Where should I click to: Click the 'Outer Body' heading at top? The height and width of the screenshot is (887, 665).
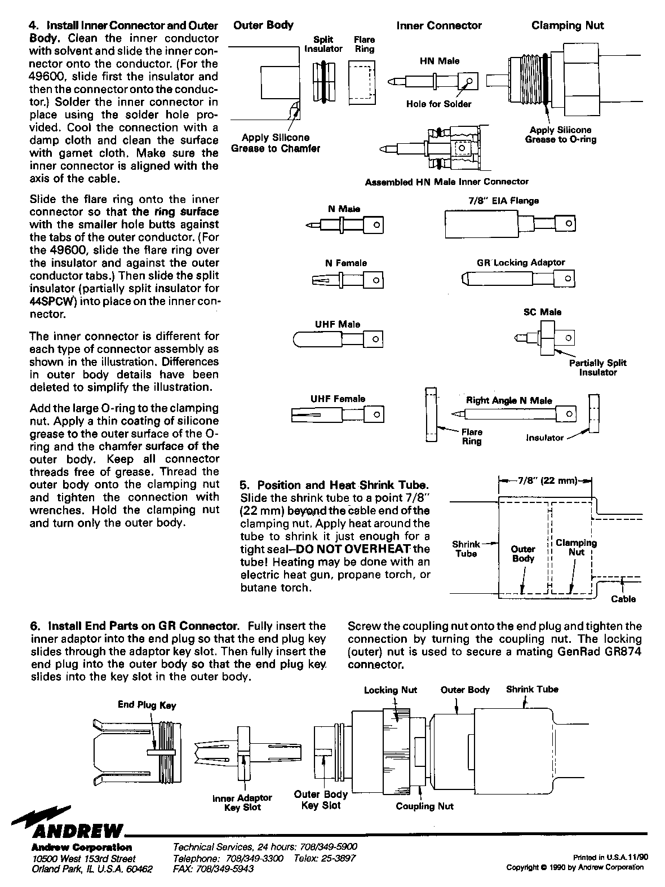coord(263,25)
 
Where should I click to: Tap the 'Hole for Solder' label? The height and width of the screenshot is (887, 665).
coord(438,104)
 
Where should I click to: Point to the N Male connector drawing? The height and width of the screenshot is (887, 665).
coord(345,226)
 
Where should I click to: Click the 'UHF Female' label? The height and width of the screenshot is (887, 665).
coord(338,399)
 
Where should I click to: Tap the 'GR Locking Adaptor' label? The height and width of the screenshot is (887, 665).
coord(520,263)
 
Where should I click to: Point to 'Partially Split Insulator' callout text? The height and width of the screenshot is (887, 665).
coord(597,368)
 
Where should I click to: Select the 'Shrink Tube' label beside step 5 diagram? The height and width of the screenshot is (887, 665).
coord(466,549)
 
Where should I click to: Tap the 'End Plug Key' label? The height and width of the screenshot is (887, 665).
coord(147,705)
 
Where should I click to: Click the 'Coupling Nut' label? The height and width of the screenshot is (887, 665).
coord(424,806)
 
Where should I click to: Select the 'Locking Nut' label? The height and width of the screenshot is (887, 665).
coord(390,690)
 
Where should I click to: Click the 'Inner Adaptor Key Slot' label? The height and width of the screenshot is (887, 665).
coord(242,802)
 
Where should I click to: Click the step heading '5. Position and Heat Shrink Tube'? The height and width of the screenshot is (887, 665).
coord(334,485)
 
